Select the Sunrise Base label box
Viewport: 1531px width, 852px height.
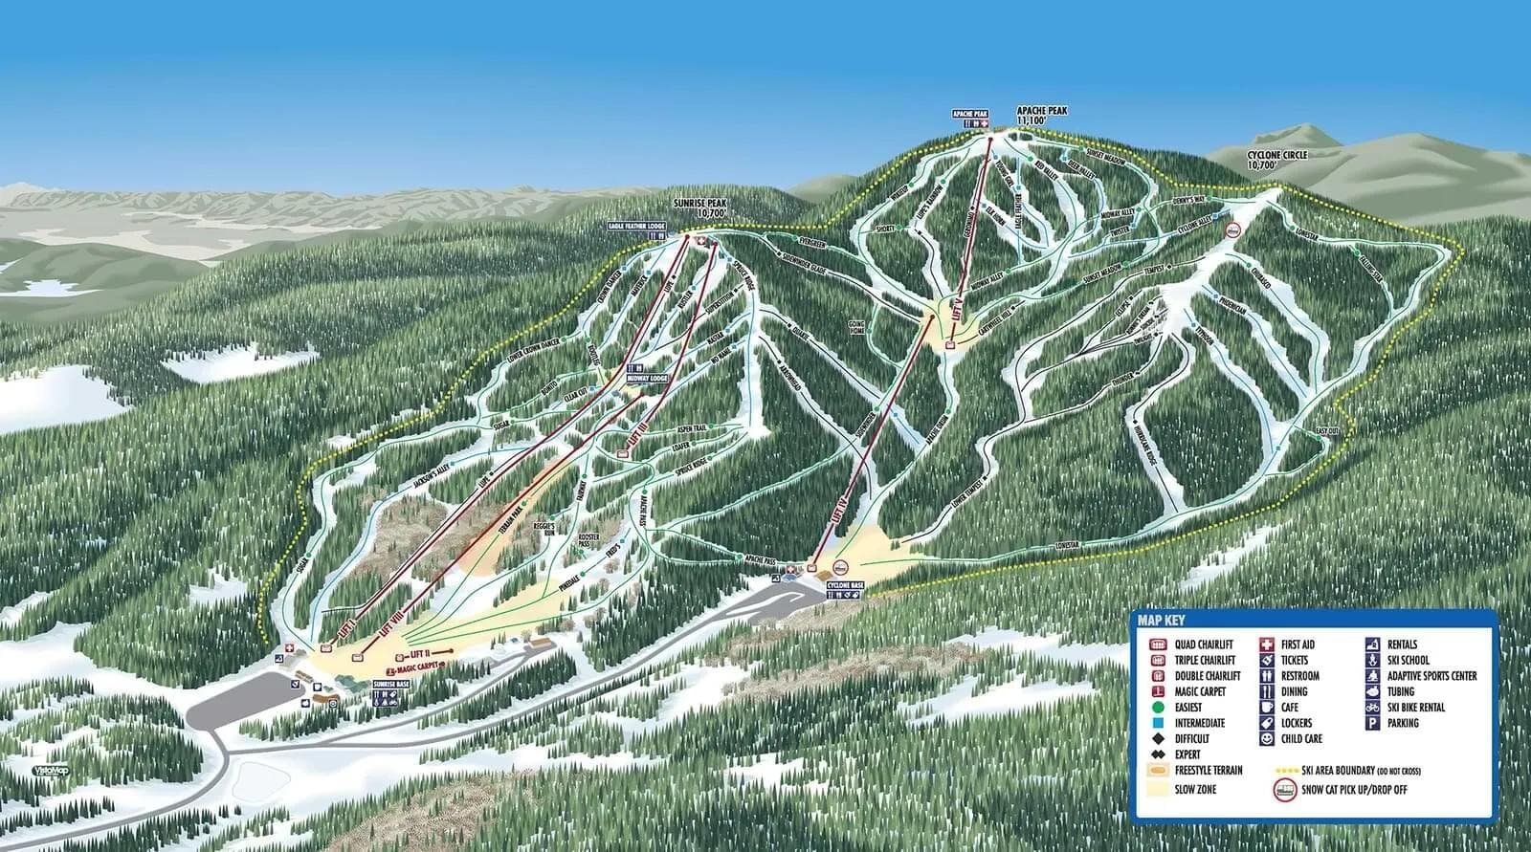click(393, 686)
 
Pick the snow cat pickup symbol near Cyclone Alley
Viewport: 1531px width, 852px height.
click(1234, 229)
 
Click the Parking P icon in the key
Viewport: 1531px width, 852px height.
click(1371, 723)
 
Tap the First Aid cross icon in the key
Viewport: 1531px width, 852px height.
click(1266, 644)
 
